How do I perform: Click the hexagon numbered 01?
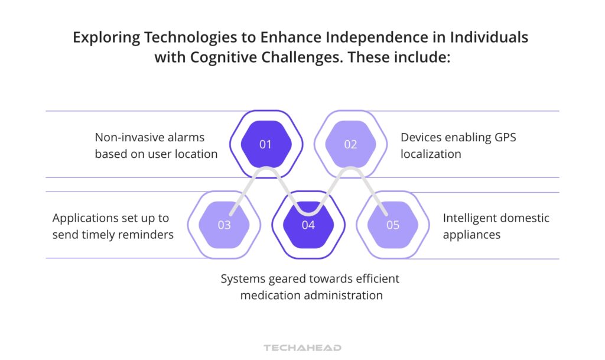click(x=266, y=144)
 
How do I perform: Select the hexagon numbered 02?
click(x=350, y=144)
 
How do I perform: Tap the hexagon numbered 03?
click(x=224, y=225)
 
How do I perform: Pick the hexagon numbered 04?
click(x=308, y=225)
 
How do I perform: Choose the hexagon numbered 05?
click(x=393, y=225)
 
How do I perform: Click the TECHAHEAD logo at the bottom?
click(x=302, y=348)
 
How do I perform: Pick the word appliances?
click(x=471, y=235)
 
